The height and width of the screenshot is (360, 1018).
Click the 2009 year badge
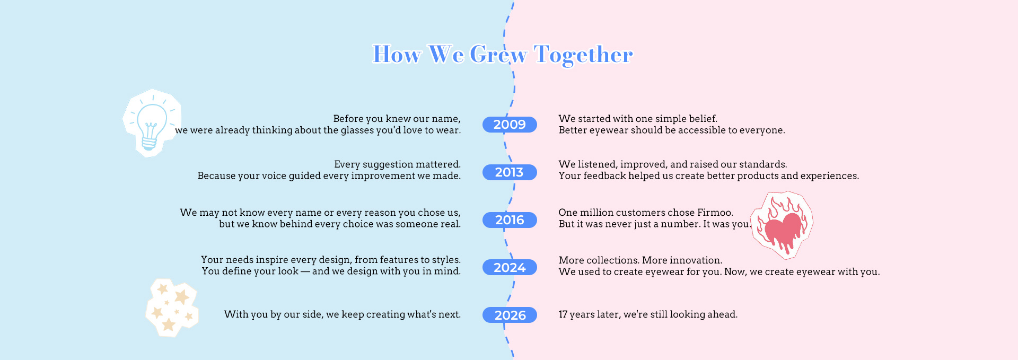(x=510, y=125)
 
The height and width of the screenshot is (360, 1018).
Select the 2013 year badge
(x=510, y=172)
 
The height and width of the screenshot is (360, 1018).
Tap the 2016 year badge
(x=510, y=220)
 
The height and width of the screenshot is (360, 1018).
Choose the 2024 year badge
(x=510, y=267)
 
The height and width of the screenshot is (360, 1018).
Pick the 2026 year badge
(x=510, y=315)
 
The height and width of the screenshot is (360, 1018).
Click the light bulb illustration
(x=152, y=123)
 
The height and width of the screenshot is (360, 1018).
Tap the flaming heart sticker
(x=782, y=225)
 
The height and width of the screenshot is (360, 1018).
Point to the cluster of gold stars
(x=172, y=308)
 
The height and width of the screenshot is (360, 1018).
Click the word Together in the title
(x=583, y=55)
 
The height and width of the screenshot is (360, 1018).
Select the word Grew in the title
(x=498, y=54)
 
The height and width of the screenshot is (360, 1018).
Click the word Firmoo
(x=715, y=213)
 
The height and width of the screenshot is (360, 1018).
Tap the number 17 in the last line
(x=563, y=314)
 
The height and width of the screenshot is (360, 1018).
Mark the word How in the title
(x=397, y=54)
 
